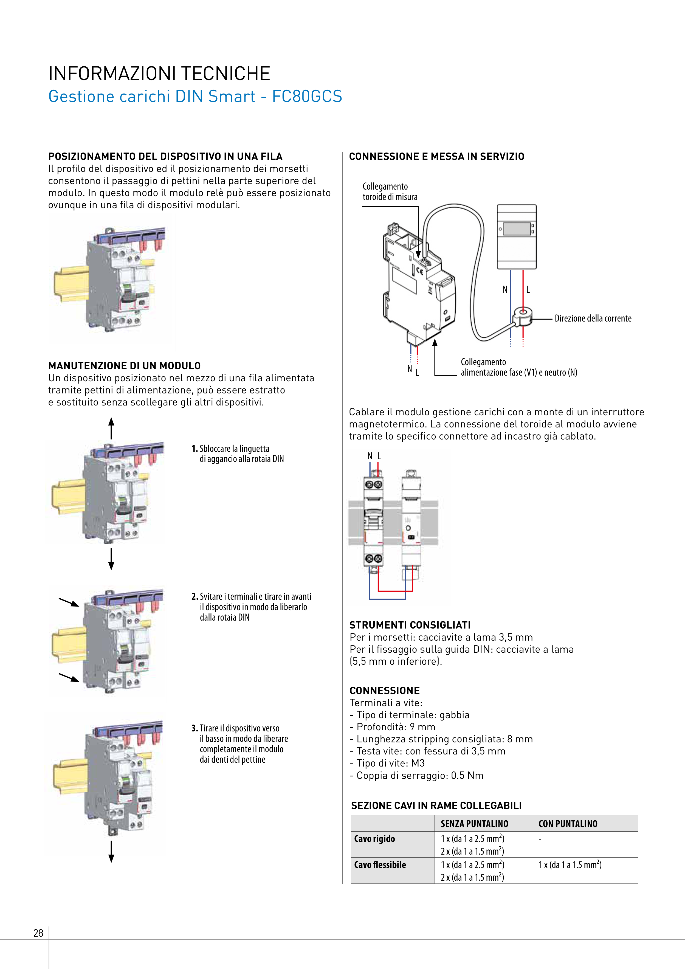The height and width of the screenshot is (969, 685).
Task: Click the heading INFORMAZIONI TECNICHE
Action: click(x=159, y=74)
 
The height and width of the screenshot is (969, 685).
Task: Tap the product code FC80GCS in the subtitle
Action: click(x=307, y=96)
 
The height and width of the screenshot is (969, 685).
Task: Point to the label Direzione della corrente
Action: click(x=593, y=319)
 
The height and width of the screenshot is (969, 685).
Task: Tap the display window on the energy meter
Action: click(x=517, y=229)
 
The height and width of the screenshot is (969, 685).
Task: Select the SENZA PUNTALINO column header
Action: click(x=474, y=824)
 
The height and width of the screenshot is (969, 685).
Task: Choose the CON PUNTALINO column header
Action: click(x=568, y=824)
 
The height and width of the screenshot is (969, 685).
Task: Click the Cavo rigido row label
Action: click(x=374, y=839)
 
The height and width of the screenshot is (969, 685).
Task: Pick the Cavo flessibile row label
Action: click(x=380, y=865)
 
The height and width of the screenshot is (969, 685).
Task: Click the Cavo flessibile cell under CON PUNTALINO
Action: click(x=570, y=865)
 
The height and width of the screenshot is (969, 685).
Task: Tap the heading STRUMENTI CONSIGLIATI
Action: click(x=410, y=625)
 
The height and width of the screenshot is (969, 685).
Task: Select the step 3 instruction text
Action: click(x=244, y=744)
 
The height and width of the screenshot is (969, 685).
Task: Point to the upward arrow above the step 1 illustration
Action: click(x=111, y=427)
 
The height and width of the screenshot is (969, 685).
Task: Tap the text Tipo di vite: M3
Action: click(x=390, y=763)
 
